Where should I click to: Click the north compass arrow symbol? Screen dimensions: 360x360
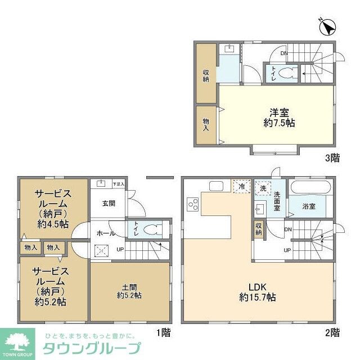(328, 25)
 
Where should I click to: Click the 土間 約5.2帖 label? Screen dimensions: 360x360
(129, 290)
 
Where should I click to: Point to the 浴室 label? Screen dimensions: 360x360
(308, 206)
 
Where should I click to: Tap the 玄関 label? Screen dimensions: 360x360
(109, 204)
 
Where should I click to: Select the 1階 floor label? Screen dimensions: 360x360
(163, 332)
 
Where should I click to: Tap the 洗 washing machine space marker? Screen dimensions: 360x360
(262, 188)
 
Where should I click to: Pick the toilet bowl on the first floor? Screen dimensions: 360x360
(150, 229)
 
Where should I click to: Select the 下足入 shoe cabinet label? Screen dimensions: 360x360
(118, 183)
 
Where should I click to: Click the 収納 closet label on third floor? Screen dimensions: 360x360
(206, 75)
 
